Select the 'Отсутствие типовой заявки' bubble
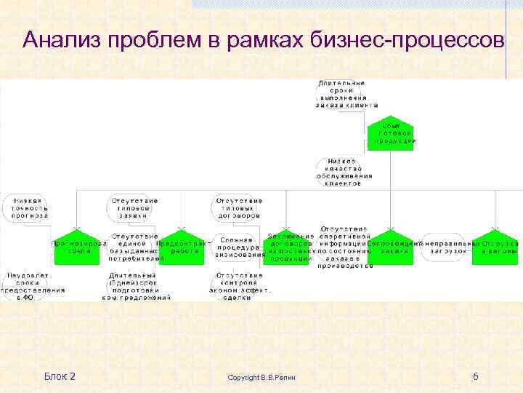134,208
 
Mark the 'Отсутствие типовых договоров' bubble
238,208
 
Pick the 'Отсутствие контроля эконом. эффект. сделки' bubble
238,286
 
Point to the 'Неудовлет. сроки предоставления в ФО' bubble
32,286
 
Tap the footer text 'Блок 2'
60,376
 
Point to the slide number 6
475,376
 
